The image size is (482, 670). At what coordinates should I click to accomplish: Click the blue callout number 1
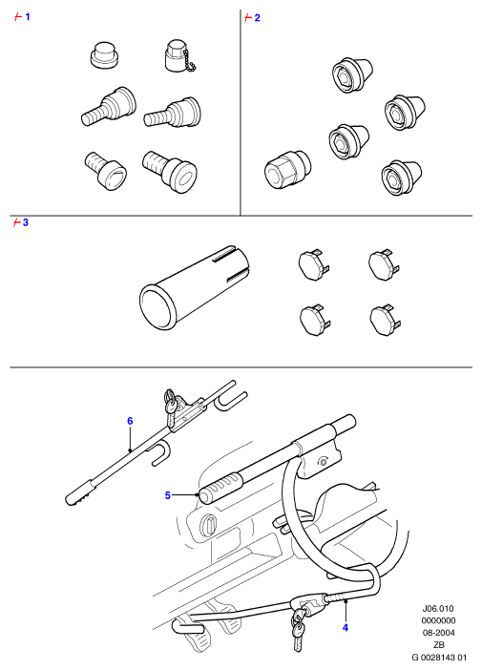(28, 17)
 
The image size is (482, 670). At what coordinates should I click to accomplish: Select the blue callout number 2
(257, 18)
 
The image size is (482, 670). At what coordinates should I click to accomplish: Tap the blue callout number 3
(26, 222)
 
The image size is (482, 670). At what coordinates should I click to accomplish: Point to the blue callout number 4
(346, 628)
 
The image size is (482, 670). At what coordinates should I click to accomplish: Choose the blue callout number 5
(167, 495)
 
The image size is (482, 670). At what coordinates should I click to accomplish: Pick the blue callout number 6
(130, 421)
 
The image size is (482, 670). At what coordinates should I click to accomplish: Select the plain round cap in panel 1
(104, 54)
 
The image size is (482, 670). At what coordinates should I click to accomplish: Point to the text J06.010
(438, 609)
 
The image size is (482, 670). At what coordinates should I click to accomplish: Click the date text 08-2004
(438, 633)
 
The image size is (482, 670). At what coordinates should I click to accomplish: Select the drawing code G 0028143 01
(439, 658)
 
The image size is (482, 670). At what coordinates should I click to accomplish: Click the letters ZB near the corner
(438, 645)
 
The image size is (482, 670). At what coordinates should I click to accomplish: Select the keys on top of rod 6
(170, 402)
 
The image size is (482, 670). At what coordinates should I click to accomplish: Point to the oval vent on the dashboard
(209, 525)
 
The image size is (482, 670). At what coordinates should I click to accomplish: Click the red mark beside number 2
(247, 18)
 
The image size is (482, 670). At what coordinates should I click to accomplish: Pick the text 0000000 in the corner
(438, 620)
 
